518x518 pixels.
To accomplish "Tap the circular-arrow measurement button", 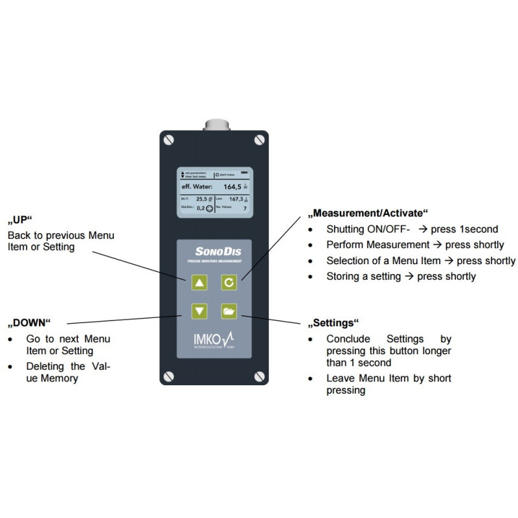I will point(229,282).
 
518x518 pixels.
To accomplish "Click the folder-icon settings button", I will point(229,311).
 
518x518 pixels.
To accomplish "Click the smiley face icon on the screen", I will point(210,208).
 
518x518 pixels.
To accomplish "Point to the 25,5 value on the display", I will point(204,199).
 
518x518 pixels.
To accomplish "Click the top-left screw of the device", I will point(169,139).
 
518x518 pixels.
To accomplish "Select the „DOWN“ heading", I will point(28,322).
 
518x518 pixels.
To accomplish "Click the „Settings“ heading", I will point(334,322).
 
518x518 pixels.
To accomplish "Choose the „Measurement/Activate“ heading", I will point(368,213).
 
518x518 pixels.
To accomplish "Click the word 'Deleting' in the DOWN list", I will point(45,367).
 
